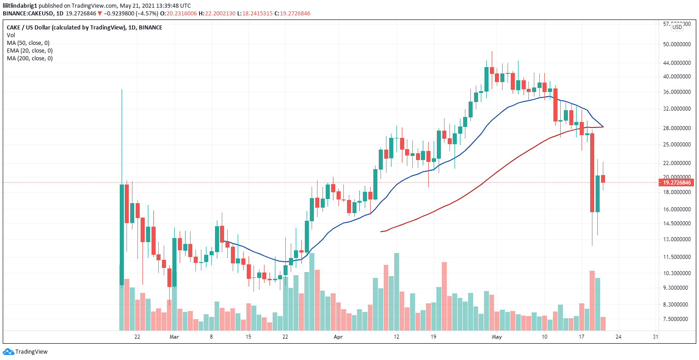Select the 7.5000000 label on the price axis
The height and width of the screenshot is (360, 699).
[676, 319]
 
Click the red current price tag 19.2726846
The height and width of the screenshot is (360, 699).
[676, 183]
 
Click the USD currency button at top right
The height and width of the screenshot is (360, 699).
[677, 27]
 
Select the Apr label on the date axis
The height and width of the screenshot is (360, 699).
[337, 337]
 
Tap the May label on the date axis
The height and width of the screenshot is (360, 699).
[497, 337]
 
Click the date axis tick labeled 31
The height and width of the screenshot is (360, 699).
[655, 337]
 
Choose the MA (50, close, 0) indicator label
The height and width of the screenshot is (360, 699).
[28, 43]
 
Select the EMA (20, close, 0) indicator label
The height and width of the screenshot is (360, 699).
[29, 51]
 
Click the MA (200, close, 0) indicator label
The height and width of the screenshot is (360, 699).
[29, 58]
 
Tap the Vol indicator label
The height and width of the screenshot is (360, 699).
[10, 35]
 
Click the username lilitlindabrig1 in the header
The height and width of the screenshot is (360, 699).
[20, 5]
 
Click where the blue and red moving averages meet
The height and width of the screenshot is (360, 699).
[603, 127]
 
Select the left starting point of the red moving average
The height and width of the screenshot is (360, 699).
[381, 232]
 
